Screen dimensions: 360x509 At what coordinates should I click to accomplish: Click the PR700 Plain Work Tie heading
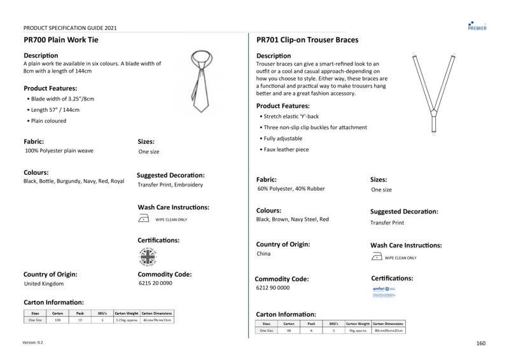pos(61,39)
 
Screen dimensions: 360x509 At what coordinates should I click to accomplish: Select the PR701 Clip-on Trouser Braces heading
pos(307,39)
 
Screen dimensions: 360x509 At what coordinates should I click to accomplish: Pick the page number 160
pos(480,343)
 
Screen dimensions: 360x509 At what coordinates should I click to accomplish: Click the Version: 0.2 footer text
pos(33,342)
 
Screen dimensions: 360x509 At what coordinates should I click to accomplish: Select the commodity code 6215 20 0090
pos(155,284)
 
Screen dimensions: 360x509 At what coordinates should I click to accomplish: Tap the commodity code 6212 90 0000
pos(273,287)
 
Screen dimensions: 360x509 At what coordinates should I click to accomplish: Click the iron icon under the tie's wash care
pos(144,219)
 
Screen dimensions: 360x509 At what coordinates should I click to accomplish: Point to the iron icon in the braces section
pos(376,257)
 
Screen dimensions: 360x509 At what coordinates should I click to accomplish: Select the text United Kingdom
pos(44,284)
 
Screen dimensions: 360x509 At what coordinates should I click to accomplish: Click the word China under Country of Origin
pos(263,254)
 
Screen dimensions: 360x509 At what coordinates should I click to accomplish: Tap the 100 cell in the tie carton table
pos(57,320)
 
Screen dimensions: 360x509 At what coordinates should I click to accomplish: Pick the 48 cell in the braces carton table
pos(289,331)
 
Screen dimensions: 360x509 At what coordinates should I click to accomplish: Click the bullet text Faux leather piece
pos(286,149)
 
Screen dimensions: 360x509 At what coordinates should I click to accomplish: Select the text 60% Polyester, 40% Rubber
pos(291,189)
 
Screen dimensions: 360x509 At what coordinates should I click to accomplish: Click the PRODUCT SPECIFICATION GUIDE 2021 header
pos(70,28)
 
